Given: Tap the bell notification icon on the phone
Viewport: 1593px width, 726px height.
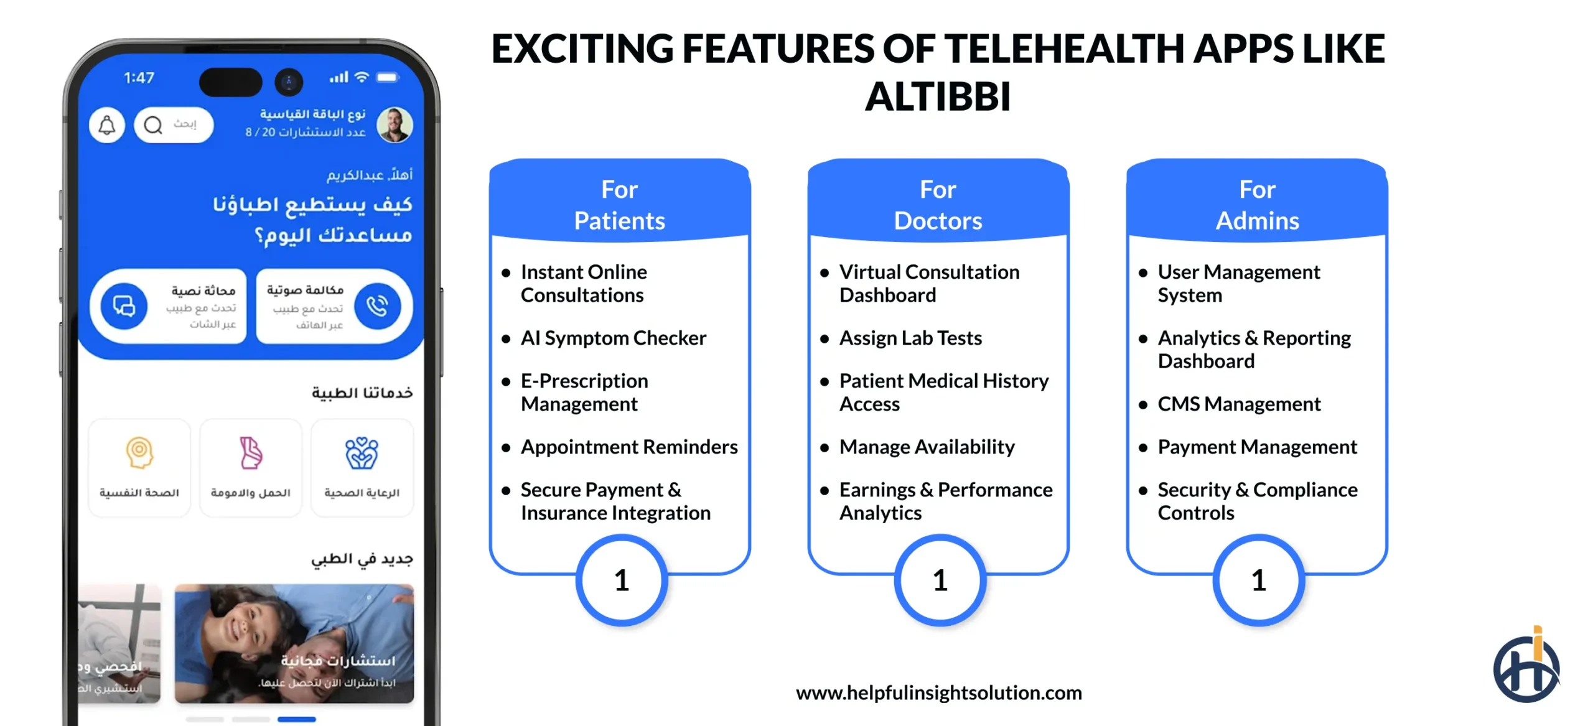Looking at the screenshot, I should pyautogui.click(x=107, y=125).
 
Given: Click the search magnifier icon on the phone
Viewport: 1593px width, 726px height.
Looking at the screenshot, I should pyautogui.click(x=153, y=125).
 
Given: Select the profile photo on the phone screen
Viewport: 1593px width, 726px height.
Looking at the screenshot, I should pyautogui.click(x=395, y=124).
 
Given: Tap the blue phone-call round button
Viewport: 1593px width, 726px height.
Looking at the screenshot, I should pyautogui.click(x=377, y=306).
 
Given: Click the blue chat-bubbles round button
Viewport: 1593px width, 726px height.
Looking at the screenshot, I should pyautogui.click(x=124, y=306).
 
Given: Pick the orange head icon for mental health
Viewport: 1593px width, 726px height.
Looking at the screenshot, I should pyautogui.click(x=139, y=452).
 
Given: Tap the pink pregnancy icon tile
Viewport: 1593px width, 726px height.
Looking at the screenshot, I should pyautogui.click(x=251, y=452).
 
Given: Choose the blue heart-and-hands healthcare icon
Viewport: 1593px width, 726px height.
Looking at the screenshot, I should pyautogui.click(x=362, y=452).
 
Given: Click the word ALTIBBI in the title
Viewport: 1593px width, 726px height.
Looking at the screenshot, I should pyautogui.click(x=937, y=97).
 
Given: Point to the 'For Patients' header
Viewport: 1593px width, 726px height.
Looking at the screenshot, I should pyautogui.click(x=619, y=205).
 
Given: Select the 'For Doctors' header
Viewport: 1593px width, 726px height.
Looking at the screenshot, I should pyautogui.click(x=938, y=205).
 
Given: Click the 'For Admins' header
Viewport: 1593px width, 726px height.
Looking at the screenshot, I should pyautogui.click(x=1257, y=205).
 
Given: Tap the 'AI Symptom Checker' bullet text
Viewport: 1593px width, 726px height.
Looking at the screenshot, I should pyautogui.click(x=613, y=338).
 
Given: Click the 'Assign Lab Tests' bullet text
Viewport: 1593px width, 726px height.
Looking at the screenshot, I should pyautogui.click(x=910, y=338).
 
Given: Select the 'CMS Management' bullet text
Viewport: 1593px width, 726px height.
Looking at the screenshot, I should pyautogui.click(x=1238, y=404).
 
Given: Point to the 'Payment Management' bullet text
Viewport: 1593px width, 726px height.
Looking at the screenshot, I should pyautogui.click(x=1257, y=447).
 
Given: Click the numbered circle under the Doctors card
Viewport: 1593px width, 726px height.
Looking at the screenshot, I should pyautogui.click(x=940, y=580).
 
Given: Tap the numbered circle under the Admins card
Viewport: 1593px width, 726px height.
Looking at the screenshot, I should pyautogui.click(x=1258, y=580).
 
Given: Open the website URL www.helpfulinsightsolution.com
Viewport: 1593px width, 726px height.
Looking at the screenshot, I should pyautogui.click(x=938, y=692).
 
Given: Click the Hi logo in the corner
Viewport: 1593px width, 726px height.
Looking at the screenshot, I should pyautogui.click(x=1526, y=667).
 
